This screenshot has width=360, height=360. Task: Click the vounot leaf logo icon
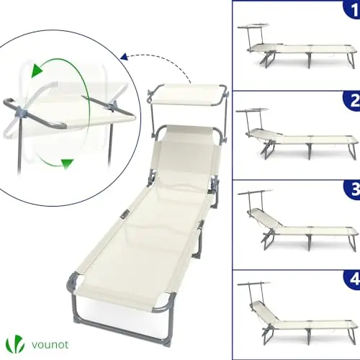pyautogui.click(x=15, y=345)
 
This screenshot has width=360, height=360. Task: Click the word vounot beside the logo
pyautogui.click(x=50, y=345)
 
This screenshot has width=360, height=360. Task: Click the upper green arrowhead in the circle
pyautogui.click(x=37, y=71)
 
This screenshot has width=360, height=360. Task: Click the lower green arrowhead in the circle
pyautogui.click(x=67, y=164)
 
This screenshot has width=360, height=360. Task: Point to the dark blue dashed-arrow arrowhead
pyautogui.click(x=124, y=57)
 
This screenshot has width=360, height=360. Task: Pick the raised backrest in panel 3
pyautogui.click(x=265, y=217)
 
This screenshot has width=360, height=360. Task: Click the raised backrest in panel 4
pyautogui.click(x=264, y=310)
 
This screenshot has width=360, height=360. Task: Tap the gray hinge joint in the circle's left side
pyautogui.click(x=22, y=112)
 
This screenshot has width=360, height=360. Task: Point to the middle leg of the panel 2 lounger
pyautogui.click(x=309, y=150)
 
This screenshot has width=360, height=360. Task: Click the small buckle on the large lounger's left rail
pyautogui.click(x=125, y=215)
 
